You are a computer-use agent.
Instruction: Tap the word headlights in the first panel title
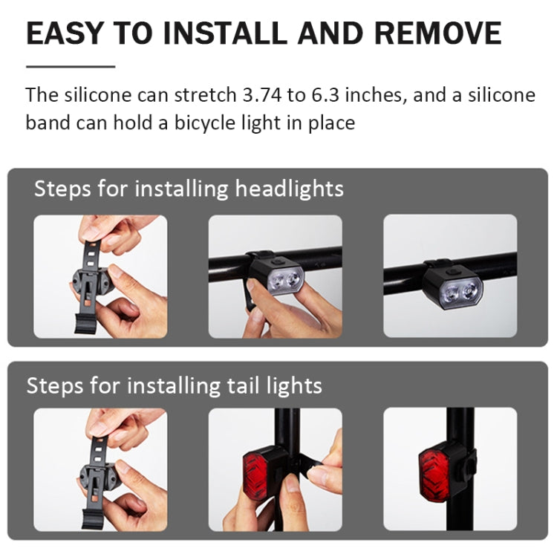290,189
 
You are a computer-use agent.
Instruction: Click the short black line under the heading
71,66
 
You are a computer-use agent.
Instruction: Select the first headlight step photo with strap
100,276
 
